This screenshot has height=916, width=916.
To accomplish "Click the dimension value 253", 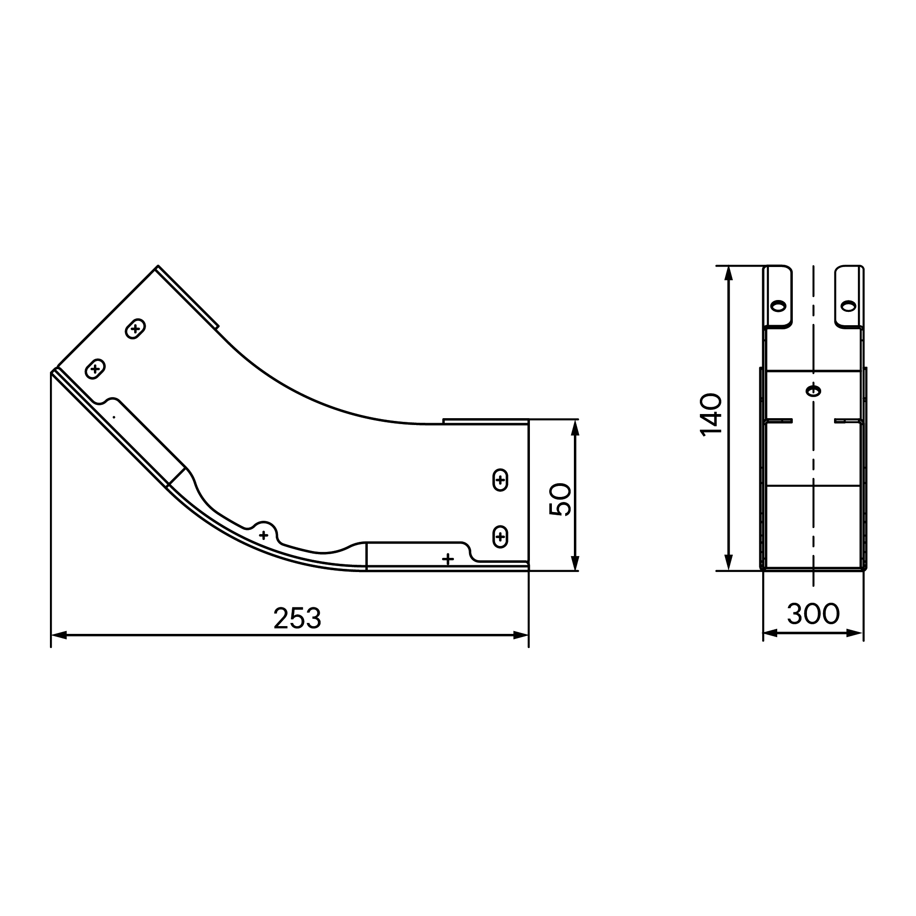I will pyautogui.click(x=297, y=618).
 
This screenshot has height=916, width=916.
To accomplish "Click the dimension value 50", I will pyautogui.click(x=560, y=499).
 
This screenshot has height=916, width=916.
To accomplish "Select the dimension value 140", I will pyautogui.click(x=711, y=414).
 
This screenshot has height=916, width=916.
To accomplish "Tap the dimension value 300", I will pyautogui.click(x=813, y=614).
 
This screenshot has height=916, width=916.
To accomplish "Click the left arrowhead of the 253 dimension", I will pyautogui.click(x=58, y=635).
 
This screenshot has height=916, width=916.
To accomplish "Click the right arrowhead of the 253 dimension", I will pyautogui.click(x=521, y=635).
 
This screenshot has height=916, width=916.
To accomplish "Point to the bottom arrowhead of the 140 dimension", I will pyautogui.click(x=729, y=563).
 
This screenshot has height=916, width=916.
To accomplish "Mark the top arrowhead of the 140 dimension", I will pyautogui.click(x=729, y=273).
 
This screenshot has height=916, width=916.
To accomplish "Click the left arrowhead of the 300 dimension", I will pyautogui.click(x=770, y=633).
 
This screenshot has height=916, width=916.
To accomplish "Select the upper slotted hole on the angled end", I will pyautogui.click(x=135, y=328).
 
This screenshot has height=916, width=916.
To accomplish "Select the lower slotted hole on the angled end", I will pyautogui.click(x=95, y=368).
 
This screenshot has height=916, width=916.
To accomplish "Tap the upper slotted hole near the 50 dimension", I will pyautogui.click(x=500, y=480).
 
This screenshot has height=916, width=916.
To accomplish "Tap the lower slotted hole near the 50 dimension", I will pyautogui.click(x=500, y=537).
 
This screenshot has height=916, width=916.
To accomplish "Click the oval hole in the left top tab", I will pyautogui.click(x=778, y=306).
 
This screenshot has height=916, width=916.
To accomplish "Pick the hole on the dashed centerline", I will pyautogui.click(x=813, y=391).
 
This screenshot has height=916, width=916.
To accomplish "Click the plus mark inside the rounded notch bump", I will pyautogui.click(x=264, y=535).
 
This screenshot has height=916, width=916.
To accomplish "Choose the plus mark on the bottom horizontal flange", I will pyautogui.click(x=447, y=559).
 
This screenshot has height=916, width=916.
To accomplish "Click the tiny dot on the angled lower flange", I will pyautogui.click(x=114, y=417).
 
